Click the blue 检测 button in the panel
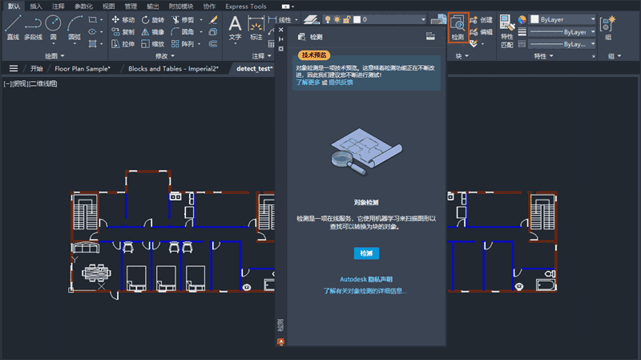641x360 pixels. [366, 253]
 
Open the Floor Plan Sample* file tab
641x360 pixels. [80, 69]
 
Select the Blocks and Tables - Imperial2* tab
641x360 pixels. [173, 69]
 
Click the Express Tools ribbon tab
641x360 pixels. [246, 6]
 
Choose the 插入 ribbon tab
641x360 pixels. [36, 6]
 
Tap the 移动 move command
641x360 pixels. [123, 19]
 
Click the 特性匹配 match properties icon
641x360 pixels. [507, 28]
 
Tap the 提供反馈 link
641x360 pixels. [341, 83]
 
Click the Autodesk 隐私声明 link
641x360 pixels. [366, 279]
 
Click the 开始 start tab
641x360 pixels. [37, 69]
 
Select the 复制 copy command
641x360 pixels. [123, 32]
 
